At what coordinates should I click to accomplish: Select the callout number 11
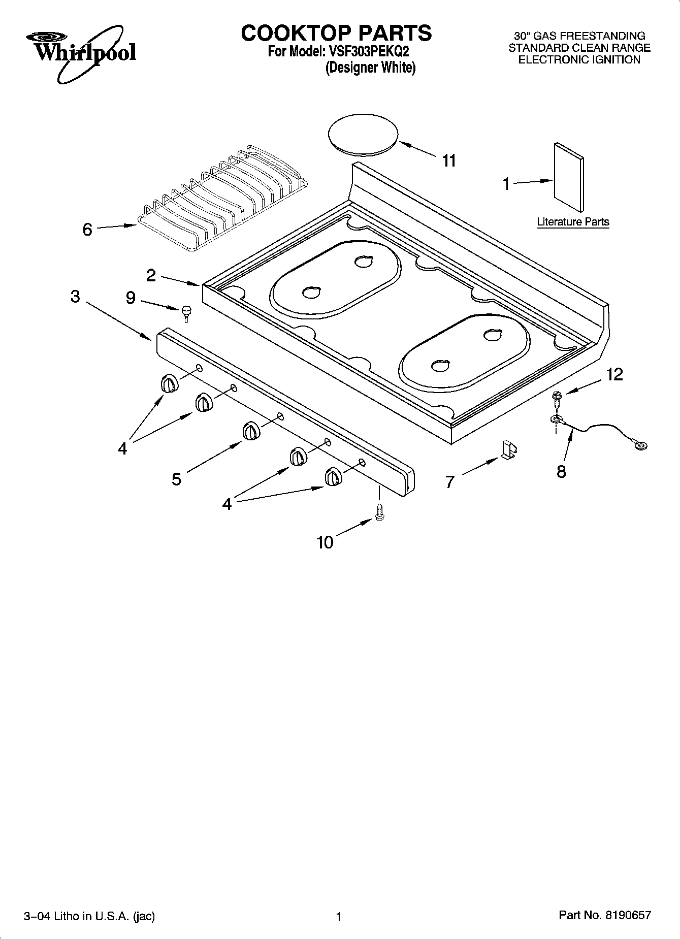[449, 161]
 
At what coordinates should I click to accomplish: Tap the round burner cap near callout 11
[363, 133]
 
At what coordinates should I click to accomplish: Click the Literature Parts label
[573, 222]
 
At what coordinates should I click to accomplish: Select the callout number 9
[131, 298]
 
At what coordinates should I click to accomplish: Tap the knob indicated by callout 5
[250, 431]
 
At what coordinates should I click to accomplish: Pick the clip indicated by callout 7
[509, 449]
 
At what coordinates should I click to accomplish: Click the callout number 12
[614, 374]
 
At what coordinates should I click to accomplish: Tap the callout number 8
[561, 471]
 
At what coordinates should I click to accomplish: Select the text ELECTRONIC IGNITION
[579, 60]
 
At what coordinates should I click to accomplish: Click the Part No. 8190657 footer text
[604, 916]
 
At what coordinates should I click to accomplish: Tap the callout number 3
[75, 297]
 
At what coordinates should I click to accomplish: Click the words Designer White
[370, 68]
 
